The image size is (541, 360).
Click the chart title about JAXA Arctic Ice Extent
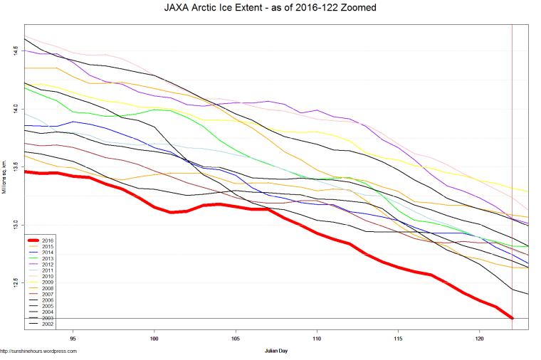click(270, 8)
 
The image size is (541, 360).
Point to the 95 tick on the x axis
click(73, 338)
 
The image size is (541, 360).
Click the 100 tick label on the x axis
click(154, 338)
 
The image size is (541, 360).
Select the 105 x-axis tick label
click(235, 338)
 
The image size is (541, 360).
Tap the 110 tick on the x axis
click(317, 338)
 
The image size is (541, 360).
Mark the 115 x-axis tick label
click(398, 338)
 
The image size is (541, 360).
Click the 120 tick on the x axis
click(479, 338)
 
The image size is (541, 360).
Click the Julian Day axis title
click(276, 351)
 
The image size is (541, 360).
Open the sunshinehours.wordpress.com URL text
click(38, 351)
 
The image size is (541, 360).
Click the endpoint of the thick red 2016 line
click(513, 318)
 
